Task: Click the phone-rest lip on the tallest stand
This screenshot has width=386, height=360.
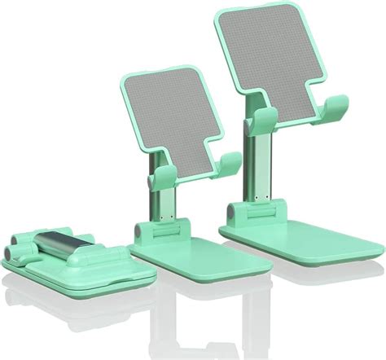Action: [335, 106]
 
